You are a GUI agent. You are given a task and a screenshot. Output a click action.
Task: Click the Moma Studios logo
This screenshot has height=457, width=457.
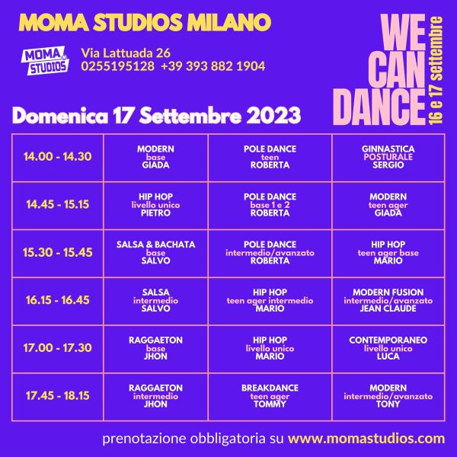coord(45,60)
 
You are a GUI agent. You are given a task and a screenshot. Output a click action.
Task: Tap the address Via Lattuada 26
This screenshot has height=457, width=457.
coord(126,53)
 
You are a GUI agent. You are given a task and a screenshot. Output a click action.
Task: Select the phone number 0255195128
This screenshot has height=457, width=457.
coord(118,66)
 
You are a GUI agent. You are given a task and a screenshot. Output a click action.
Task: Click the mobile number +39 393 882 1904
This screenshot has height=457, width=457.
coord(213,66)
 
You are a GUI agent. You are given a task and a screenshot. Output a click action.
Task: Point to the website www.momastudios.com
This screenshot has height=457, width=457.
coord(366,439)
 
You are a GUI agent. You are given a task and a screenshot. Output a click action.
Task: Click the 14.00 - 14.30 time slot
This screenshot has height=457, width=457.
coord(57,157)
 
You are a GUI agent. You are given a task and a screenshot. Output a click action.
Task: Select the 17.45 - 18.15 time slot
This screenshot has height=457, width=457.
coord(57,396)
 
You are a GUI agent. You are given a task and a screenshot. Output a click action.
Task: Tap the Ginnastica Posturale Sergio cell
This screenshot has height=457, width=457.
coord(388,157)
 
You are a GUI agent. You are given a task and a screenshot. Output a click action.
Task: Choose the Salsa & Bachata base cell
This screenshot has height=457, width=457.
coord(155,253)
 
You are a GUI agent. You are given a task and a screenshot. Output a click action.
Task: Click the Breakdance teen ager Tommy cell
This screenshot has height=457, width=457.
coord(270,396)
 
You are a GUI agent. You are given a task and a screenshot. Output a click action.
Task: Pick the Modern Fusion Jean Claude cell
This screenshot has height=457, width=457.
coord(388,301)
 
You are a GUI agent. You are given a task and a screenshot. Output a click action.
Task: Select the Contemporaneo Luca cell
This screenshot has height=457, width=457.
coord(388,348)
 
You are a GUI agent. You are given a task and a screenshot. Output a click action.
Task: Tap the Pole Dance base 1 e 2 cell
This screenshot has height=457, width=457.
coord(270,205)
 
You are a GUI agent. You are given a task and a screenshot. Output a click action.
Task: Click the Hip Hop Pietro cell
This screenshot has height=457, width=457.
coord(155,205)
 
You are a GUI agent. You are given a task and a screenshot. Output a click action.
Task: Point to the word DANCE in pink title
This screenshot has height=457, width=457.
coord(379,107)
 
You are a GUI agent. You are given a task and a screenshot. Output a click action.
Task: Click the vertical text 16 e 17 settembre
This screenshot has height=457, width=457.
coord(436,71)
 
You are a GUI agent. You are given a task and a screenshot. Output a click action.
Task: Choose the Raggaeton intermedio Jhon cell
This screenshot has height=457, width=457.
coord(155,396)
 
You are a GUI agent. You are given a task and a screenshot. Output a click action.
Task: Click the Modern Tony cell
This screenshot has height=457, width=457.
coord(388,396)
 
